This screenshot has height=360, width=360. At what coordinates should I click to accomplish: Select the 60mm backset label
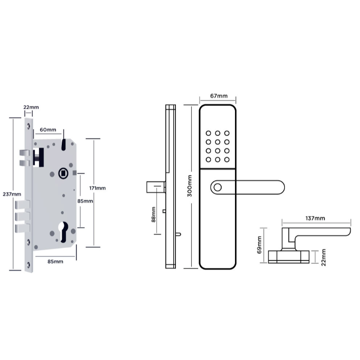(x=47, y=129)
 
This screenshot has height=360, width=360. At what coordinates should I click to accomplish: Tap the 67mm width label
(x=218, y=96)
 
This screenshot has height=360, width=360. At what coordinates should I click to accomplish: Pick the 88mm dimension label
(x=154, y=214)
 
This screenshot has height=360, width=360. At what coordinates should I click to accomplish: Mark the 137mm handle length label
(x=315, y=219)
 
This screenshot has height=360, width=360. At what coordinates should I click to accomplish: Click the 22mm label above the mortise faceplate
(x=31, y=107)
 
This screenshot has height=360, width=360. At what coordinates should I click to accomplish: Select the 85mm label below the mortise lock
(x=55, y=262)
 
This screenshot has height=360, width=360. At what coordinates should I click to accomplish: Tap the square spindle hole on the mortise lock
(x=63, y=173)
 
